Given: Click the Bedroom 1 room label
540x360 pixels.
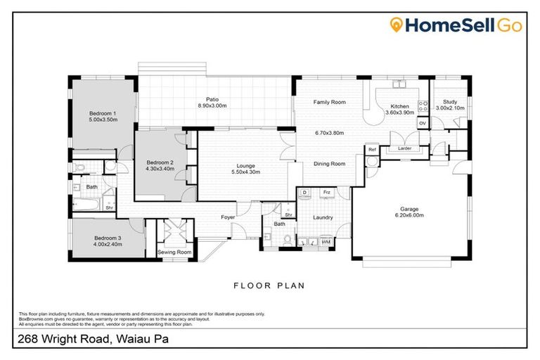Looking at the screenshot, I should (x=102, y=113).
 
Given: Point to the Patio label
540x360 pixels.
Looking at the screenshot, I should (x=212, y=99).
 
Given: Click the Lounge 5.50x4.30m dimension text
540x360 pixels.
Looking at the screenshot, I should (x=245, y=172).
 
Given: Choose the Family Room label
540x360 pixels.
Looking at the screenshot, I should (x=329, y=103).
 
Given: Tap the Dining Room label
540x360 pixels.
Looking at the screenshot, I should (x=329, y=164).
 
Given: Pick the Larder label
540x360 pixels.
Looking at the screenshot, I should (x=404, y=149).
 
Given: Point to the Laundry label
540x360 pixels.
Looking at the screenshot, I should (x=323, y=218).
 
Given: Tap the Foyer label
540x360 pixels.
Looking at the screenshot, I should (x=228, y=217).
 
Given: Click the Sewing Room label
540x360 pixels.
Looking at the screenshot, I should (x=174, y=252).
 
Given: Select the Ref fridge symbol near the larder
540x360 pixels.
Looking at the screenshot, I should (x=371, y=149).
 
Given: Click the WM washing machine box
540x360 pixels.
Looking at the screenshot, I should (x=325, y=241).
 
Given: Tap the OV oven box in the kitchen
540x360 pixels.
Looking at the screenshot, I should (x=423, y=124).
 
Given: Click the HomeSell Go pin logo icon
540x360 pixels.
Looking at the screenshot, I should (x=397, y=25).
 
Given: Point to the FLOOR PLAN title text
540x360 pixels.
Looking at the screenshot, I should (x=269, y=285).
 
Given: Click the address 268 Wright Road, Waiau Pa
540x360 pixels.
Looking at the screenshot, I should (x=91, y=340).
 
